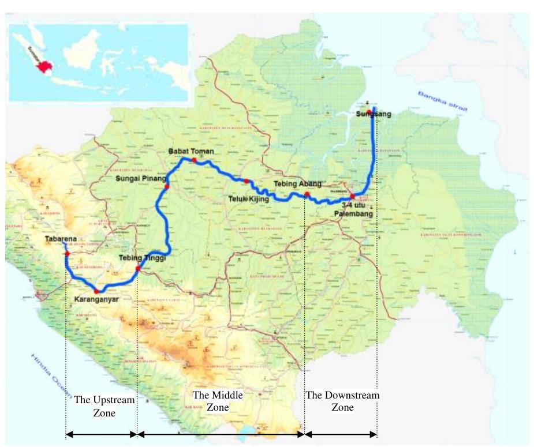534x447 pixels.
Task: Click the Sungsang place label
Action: point(374,114)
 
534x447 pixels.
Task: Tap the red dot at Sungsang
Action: point(368,111)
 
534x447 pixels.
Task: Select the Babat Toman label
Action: point(191,151)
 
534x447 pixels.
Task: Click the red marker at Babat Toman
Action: point(195,160)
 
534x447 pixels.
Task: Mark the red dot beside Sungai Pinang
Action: point(166,186)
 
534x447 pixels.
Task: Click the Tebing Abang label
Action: point(297,184)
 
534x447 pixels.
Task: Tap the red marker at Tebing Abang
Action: point(307,194)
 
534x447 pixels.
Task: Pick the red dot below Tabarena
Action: point(67,254)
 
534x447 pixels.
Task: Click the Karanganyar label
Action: point(97,300)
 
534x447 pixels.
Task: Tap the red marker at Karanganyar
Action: point(96,292)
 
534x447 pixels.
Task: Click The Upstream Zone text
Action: point(104,406)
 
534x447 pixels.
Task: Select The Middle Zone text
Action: point(218,401)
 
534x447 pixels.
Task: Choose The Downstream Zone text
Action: point(342,401)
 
